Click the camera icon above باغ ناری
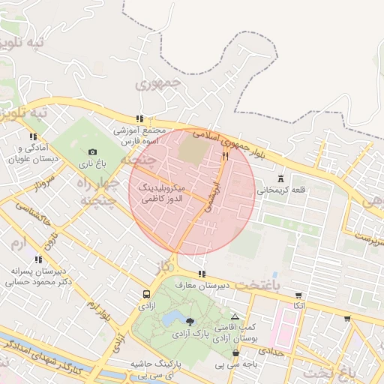93,151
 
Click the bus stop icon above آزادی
145,295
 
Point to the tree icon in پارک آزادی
189,322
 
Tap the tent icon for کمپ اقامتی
235,317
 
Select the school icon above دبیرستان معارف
201,274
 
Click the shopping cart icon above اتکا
299,295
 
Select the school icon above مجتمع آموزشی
139,118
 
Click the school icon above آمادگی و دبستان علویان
32,136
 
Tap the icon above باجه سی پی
236,352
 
